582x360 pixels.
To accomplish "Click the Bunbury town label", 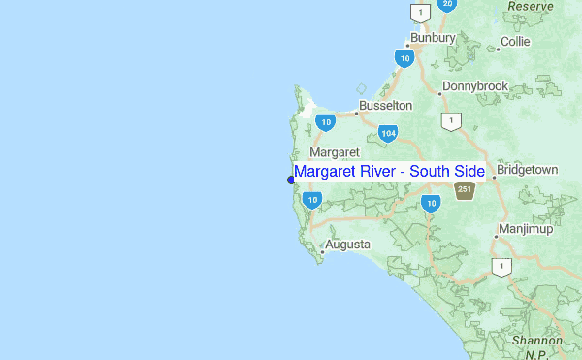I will pos(433,38).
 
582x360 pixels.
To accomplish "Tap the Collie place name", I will pos(514,43).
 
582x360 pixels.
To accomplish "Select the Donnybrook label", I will pos(475,86).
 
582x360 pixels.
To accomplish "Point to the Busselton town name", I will pos(385,105).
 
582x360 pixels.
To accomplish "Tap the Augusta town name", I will pos(347,245).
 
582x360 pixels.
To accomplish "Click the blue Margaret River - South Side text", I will pos(389,172).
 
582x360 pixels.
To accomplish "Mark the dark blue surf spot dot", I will pos(291,179).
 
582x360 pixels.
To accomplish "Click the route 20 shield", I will pos(446,4).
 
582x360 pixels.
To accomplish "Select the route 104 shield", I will pos(388,133).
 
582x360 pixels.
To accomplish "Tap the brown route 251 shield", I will pos(465,190).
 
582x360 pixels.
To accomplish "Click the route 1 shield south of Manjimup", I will pos(501,267).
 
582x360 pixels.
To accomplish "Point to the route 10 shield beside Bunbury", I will pos(404,58).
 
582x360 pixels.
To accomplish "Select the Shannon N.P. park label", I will pos(537,347).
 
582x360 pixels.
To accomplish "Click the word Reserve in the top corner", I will pos(531,6).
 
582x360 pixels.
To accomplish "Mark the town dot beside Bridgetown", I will pos(494,177).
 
